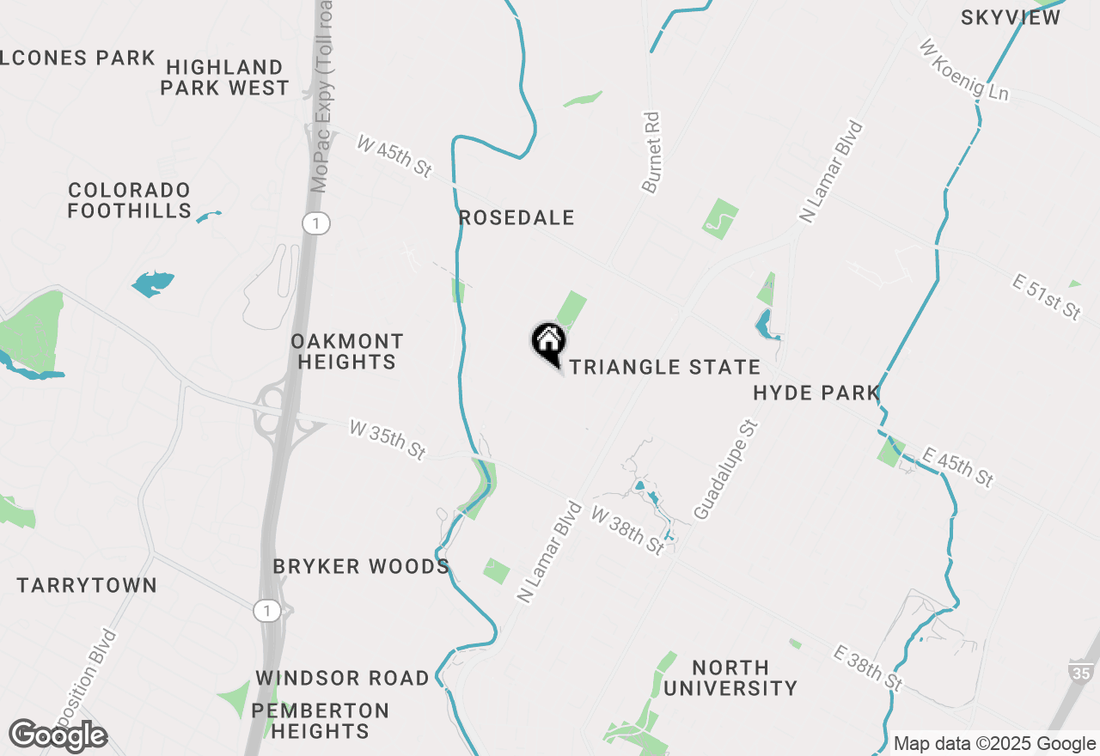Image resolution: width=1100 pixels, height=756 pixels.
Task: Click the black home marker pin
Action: pos(547,343)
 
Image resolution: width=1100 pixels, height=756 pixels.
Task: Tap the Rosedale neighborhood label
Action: pos(516,218)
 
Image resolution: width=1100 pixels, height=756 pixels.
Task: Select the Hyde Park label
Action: pos(816,393)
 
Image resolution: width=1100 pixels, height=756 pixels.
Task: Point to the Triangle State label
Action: pos(665,368)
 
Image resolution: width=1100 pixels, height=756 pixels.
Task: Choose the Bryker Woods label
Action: pos(361,567)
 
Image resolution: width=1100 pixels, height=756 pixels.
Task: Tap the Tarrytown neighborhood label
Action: pos(87,586)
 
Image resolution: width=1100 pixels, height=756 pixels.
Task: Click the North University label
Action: pos(730,678)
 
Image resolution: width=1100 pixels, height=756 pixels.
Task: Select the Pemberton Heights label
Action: pos(320,722)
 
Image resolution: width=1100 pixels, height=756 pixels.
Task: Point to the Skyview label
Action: pos(1011,18)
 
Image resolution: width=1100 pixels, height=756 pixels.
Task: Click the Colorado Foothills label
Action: pos(129,200)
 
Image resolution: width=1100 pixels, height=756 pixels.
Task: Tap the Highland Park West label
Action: pos(225,77)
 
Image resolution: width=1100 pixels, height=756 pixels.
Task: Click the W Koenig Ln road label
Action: pos(963,70)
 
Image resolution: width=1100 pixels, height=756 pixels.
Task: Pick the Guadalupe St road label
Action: pos(725,470)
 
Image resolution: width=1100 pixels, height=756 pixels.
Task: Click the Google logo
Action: pos(58,736)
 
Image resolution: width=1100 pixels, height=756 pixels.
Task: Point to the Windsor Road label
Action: pos(342,679)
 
